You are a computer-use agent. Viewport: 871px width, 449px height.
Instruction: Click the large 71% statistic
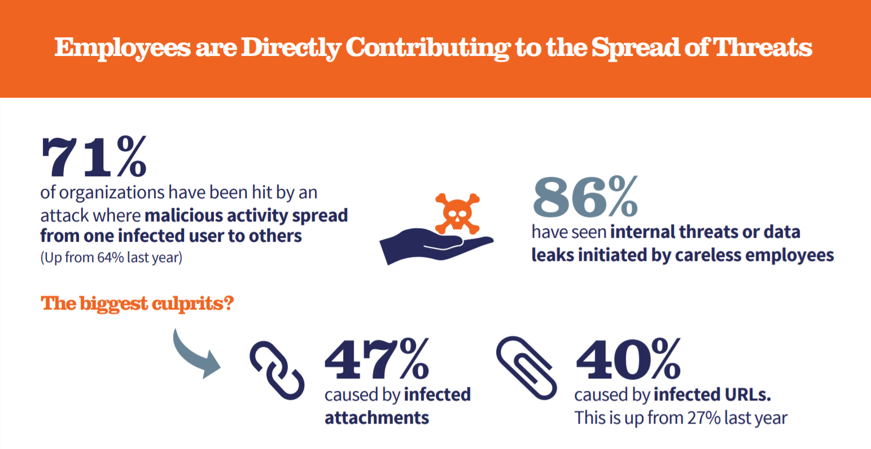[x=94, y=156]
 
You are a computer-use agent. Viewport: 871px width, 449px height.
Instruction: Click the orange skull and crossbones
[x=456, y=213]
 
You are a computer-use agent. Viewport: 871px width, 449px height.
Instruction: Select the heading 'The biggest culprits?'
[x=137, y=303]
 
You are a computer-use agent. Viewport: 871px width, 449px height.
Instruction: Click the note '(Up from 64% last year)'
[x=111, y=258]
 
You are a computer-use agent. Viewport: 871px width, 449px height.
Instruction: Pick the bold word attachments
[x=377, y=418]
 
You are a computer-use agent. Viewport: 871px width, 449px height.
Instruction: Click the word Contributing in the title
[x=427, y=48]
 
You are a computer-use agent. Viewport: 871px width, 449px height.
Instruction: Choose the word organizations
[x=112, y=193]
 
